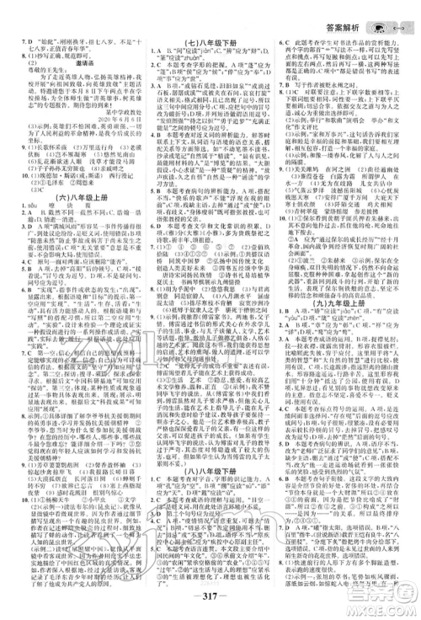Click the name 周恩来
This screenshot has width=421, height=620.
(x=93, y=187)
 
